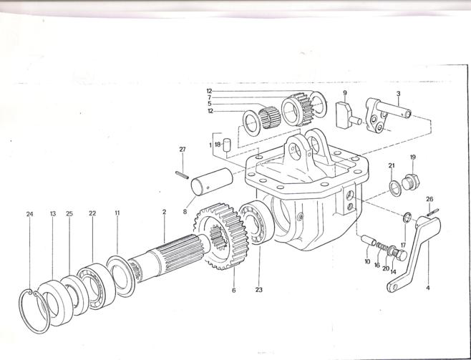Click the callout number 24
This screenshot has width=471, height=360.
[29, 214]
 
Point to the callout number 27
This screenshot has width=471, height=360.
[183, 150]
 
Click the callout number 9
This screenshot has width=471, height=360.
[344, 93]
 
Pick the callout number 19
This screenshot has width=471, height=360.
[413, 157]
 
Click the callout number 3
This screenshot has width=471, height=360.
[398, 93]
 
